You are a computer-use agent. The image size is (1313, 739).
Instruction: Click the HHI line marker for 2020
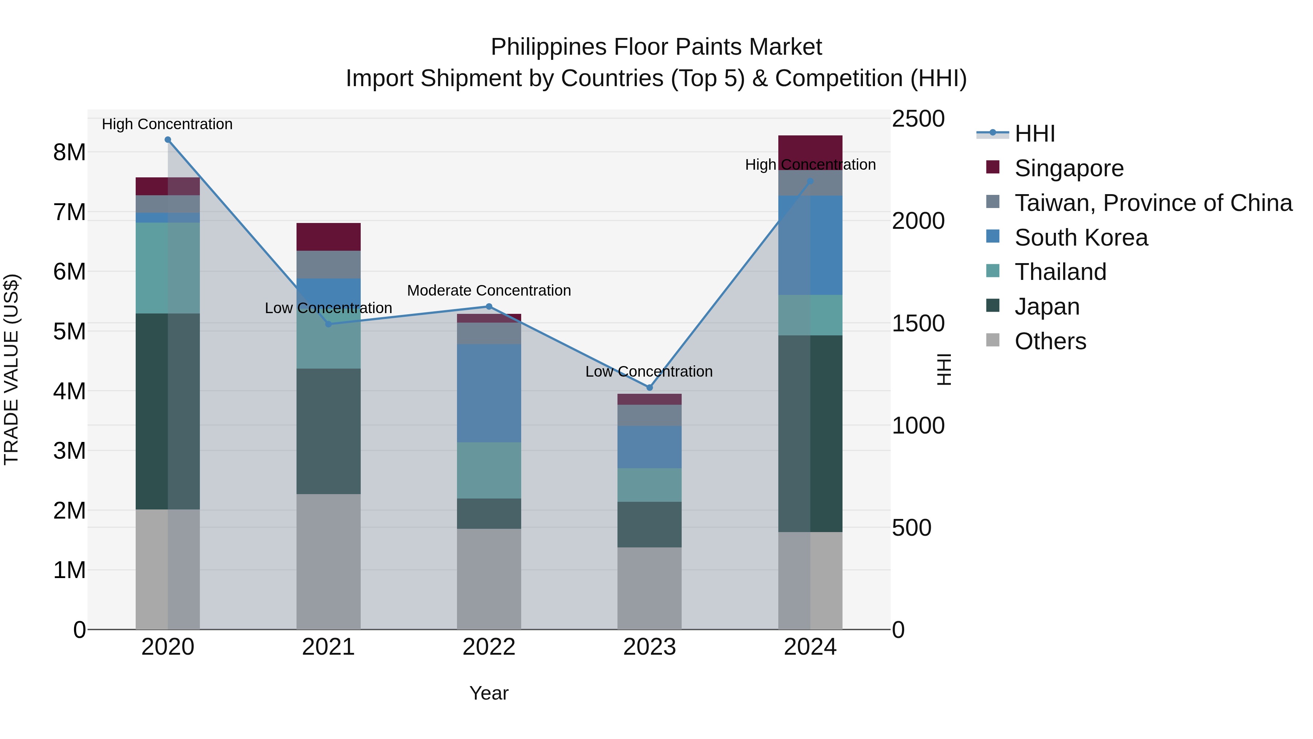point(168,140)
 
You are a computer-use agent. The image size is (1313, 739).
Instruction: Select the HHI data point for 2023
point(649,388)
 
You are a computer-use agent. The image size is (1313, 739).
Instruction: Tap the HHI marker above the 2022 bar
point(489,307)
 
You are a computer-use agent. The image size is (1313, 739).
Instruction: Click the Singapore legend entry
point(1069,168)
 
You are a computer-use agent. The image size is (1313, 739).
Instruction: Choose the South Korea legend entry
point(1081,238)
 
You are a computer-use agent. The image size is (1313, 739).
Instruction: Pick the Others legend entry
point(1050,341)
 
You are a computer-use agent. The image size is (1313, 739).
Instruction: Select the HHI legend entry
point(1034,134)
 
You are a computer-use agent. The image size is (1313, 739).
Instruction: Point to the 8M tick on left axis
point(69,152)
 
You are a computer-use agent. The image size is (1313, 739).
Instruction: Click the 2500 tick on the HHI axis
point(918,119)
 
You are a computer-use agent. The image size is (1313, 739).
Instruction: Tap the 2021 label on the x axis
point(328,647)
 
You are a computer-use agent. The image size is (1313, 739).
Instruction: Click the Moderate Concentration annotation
point(489,290)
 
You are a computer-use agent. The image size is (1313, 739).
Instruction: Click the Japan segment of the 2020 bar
point(168,411)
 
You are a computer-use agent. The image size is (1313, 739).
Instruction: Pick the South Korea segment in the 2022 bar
point(489,393)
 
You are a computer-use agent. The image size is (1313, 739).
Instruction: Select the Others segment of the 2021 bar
point(328,561)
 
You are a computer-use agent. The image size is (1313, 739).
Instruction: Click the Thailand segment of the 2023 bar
point(649,485)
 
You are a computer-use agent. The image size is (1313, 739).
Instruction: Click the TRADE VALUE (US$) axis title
point(11,369)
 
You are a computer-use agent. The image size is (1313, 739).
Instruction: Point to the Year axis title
point(489,693)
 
